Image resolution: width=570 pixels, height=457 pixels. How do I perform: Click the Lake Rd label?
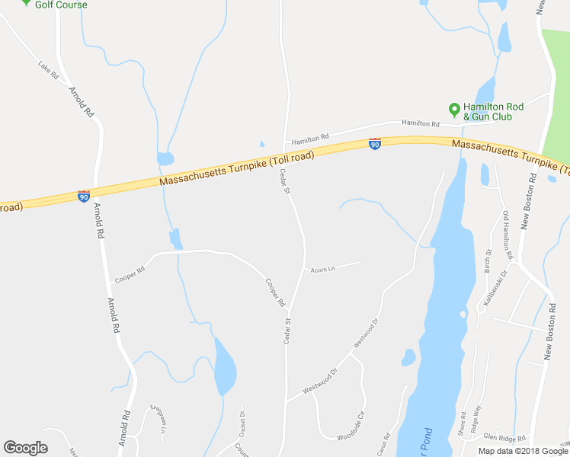pos(48,70)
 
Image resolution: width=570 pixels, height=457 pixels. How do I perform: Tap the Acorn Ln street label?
pos(322,269)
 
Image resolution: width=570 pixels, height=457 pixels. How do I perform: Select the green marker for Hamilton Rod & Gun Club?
pos(455,110)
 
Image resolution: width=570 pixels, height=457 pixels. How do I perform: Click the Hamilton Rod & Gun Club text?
pos(488,111)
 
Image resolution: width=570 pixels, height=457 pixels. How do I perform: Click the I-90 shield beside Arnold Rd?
pos(84,196)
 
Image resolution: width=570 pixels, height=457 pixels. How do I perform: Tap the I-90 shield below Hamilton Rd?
pos(374,143)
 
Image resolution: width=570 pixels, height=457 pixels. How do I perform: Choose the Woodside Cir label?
pos(351,424)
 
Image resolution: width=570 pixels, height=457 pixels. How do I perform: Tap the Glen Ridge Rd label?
pos(504,438)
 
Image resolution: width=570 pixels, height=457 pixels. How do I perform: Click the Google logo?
pos(25,448)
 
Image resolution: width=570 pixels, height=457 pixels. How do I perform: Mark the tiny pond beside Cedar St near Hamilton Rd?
pos(261,143)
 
